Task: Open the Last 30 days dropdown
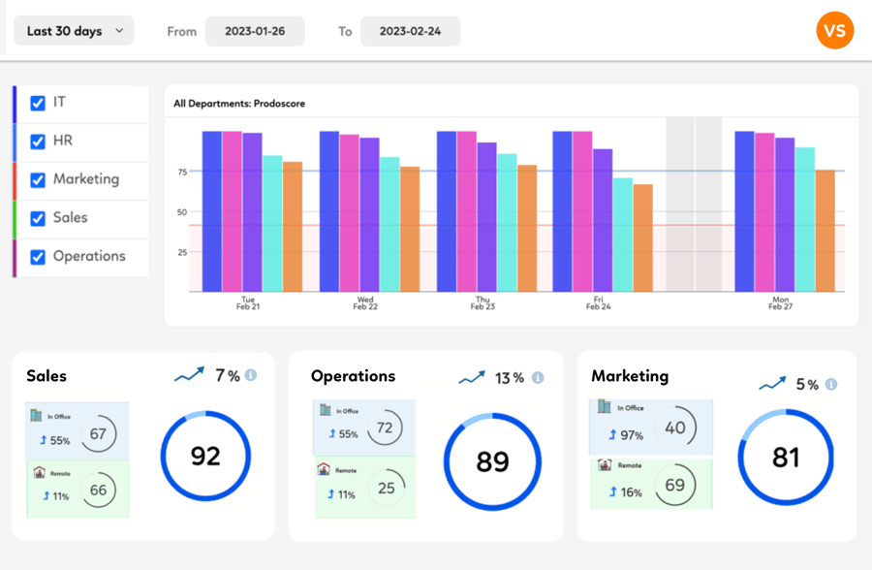tap(74, 31)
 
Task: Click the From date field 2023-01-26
tap(255, 31)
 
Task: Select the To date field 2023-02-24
tap(410, 31)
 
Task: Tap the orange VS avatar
tap(835, 31)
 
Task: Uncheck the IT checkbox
tap(38, 103)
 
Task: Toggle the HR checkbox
tap(38, 142)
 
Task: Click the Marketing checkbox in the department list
tap(38, 179)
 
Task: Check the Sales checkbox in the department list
tap(38, 218)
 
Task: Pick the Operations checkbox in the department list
tap(38, 257)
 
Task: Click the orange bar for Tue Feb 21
tap(293, 227)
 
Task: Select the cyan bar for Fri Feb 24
tap(623, 235)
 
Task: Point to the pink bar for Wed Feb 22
tap(349, 213)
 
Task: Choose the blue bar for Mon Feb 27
tap(745, 211)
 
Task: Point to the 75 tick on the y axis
tap(182, 172)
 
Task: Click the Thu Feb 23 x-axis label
tap(483, 302)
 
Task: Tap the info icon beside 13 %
tap(538, 377)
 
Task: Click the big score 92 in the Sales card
tap(205, 456)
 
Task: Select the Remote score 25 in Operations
tap(386, 489)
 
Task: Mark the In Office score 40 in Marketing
tap(675, 427)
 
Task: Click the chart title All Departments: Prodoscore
tap(239, 104)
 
